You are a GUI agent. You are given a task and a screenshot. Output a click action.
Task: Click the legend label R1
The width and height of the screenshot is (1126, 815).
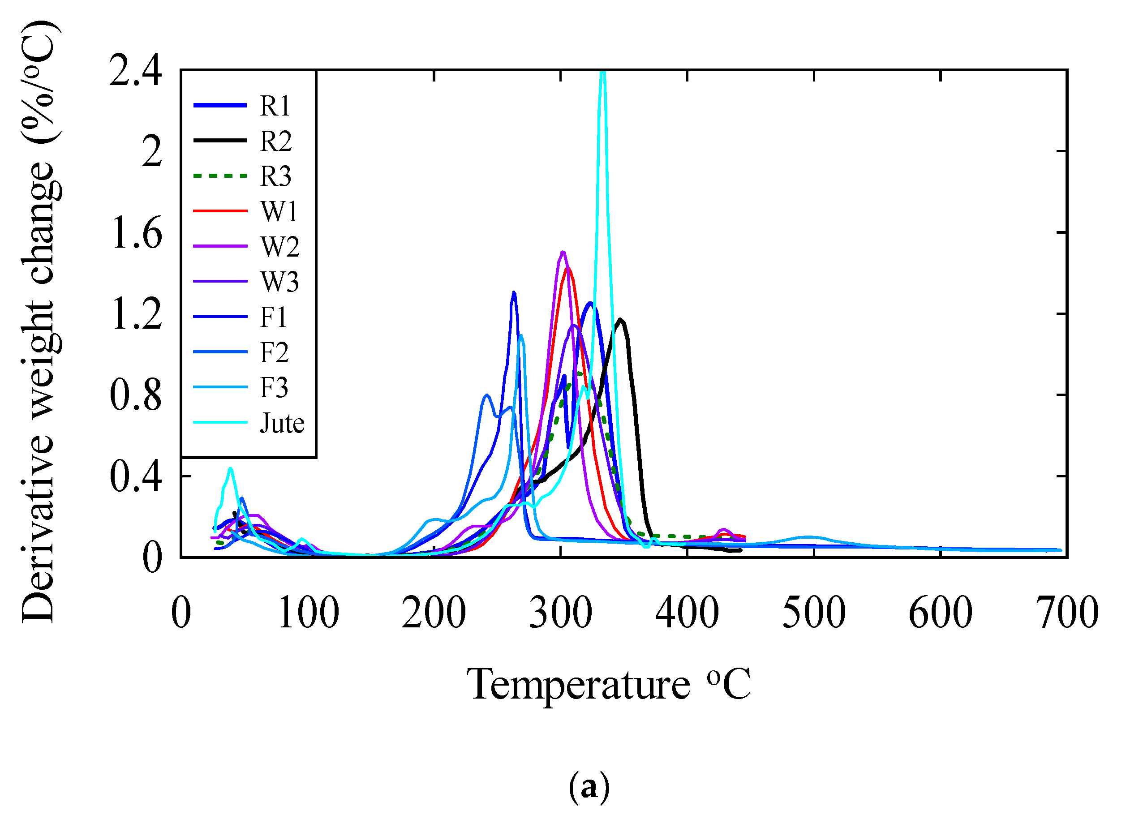[275, 106]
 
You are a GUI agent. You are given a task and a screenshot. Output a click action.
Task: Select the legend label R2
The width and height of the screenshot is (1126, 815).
[275, 141]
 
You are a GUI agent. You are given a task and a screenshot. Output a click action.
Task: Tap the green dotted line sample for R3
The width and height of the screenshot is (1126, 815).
[220, 176]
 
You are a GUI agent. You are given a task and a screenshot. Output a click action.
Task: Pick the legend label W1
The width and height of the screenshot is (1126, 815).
[279, 211]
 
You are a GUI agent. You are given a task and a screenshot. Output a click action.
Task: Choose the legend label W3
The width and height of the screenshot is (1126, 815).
[280, 282]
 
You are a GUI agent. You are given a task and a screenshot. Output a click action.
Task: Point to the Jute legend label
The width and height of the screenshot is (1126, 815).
[281, 423]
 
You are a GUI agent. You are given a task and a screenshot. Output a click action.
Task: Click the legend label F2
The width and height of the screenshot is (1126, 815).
[274, 352]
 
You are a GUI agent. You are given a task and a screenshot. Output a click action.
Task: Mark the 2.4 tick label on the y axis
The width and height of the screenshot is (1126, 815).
[136, 72]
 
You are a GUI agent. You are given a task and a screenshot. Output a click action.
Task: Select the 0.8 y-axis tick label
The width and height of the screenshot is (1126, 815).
[136, 395]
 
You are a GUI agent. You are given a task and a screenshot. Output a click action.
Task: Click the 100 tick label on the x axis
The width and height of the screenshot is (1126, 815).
[308, 613]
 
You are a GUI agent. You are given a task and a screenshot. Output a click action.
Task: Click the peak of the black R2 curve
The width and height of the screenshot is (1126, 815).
[621, 320]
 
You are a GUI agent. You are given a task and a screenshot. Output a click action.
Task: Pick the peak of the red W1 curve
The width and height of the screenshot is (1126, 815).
[567, 269]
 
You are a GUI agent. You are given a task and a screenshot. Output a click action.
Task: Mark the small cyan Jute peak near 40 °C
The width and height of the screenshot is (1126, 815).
[230, 468]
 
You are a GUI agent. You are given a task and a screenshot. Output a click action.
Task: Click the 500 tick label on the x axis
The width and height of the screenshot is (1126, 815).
[814, 613]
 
